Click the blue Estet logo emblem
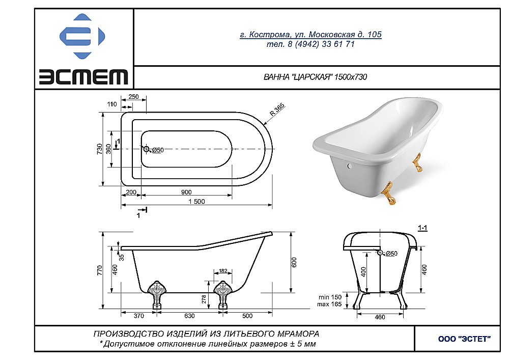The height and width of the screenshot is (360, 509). click(82, 36)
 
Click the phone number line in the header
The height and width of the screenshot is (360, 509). click(310, 44)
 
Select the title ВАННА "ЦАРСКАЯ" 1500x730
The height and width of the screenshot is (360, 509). click(315, 77)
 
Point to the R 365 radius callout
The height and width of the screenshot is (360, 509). click(277, 110)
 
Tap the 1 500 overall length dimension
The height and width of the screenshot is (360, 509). click(196, 201)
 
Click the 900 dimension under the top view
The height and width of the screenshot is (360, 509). click(186, 192)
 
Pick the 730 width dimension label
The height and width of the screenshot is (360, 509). click(100, 149)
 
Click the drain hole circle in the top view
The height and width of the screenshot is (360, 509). click(147, 149)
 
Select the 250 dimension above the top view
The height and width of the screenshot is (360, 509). click(133, 97)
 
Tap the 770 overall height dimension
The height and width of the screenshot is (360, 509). click(99, 270)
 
